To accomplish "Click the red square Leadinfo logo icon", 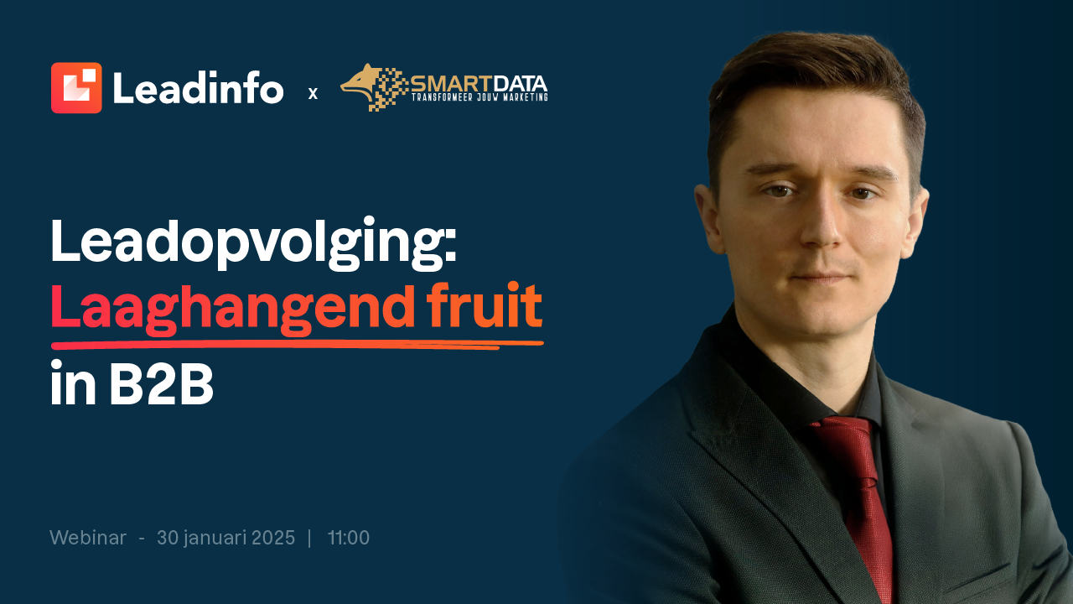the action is [76, 88].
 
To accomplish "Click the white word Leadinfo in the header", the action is [199, 87].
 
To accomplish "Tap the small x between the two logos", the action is [313, 93].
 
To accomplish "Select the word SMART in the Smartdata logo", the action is [452, 85].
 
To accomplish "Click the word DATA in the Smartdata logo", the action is [520, 85].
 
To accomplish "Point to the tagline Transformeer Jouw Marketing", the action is [479, 97].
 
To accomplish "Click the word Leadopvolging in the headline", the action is [254, 242].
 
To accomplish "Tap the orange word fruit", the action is [485, 305].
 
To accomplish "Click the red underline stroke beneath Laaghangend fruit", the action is [298, 344].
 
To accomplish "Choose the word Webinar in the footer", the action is [88, 538].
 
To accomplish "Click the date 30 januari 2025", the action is [226, 539].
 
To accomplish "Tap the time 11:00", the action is [349, 538].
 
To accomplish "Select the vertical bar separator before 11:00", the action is [310, 538].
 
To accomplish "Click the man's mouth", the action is [820, 278].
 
